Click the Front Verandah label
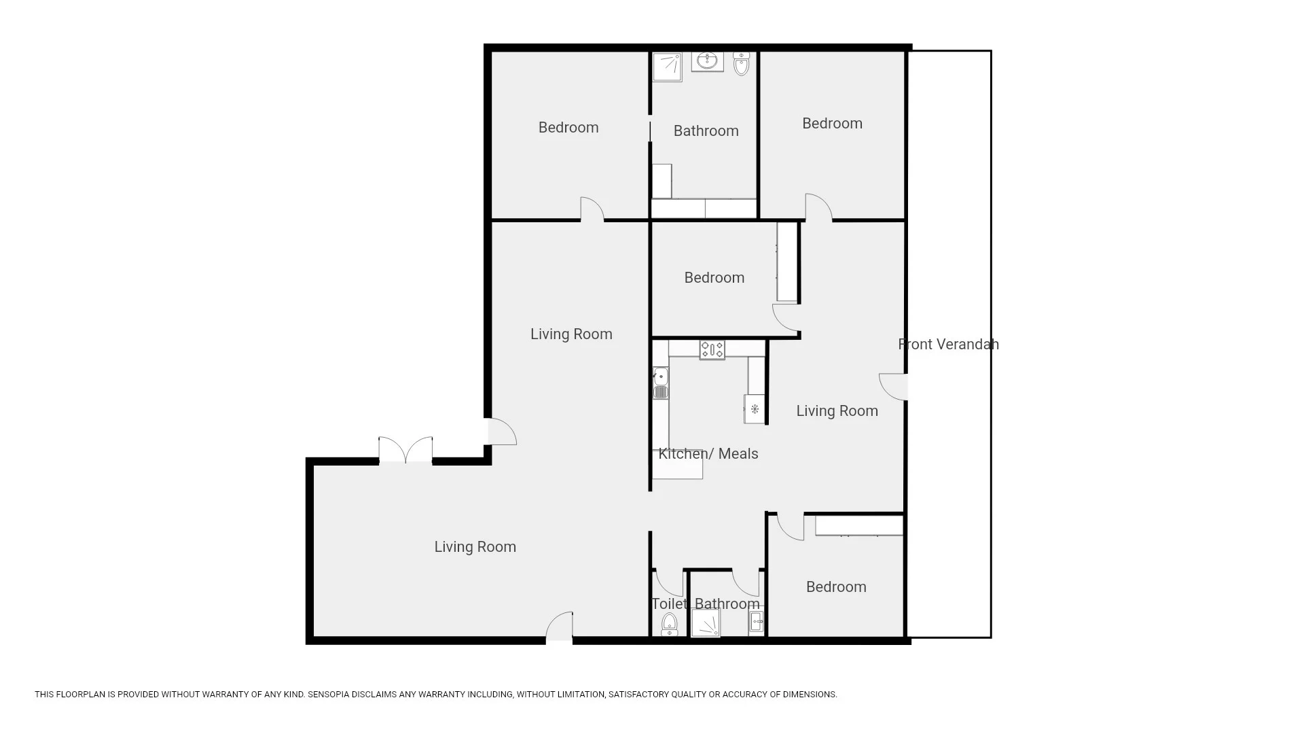pos(948,345)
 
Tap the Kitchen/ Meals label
pos(708,454)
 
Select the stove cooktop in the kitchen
pos(712,350)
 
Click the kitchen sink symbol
pos(661,383)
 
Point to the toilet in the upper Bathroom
pos(742,65)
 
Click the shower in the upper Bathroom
pos(667,67)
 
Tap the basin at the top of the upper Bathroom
pos(708,61)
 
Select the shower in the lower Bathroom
pos(706,623)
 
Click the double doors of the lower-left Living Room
pos(405,451)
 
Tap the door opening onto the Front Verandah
pos(894,387)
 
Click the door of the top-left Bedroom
pos(592,209)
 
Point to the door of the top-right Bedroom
pos(818,207)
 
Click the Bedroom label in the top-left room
pos(568,128)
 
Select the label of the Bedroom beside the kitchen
pos(714,278)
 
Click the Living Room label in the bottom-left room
pos(475,547)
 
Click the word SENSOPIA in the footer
pos(331,695)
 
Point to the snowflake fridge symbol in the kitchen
pos(754,410)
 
